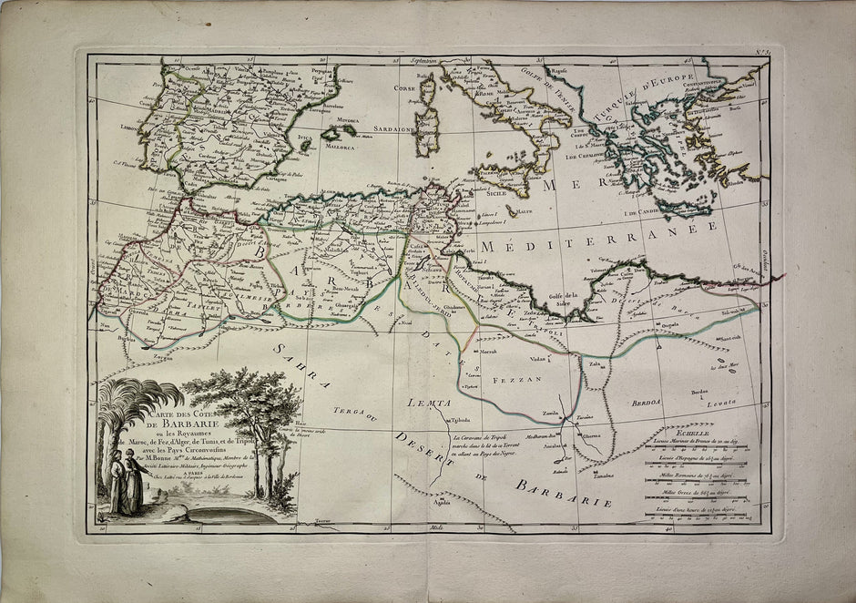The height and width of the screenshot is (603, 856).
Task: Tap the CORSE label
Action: pos(403,87)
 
